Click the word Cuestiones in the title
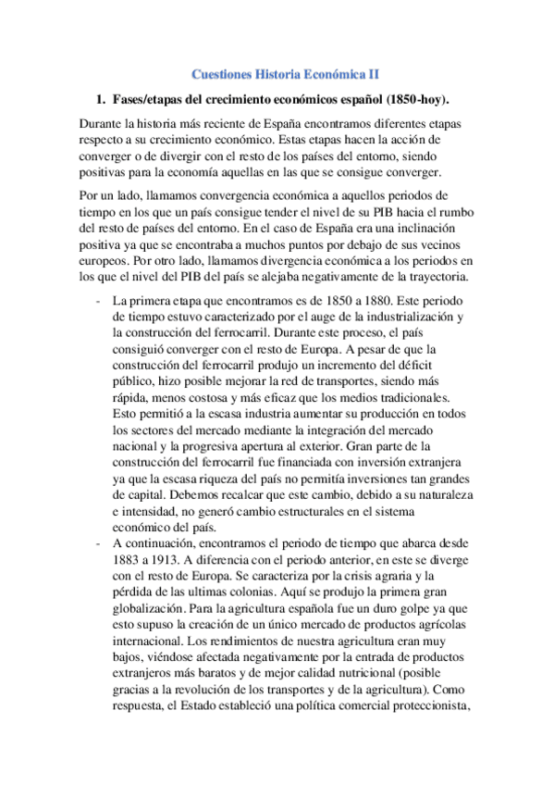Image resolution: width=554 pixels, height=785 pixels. (x=223, y=72)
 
